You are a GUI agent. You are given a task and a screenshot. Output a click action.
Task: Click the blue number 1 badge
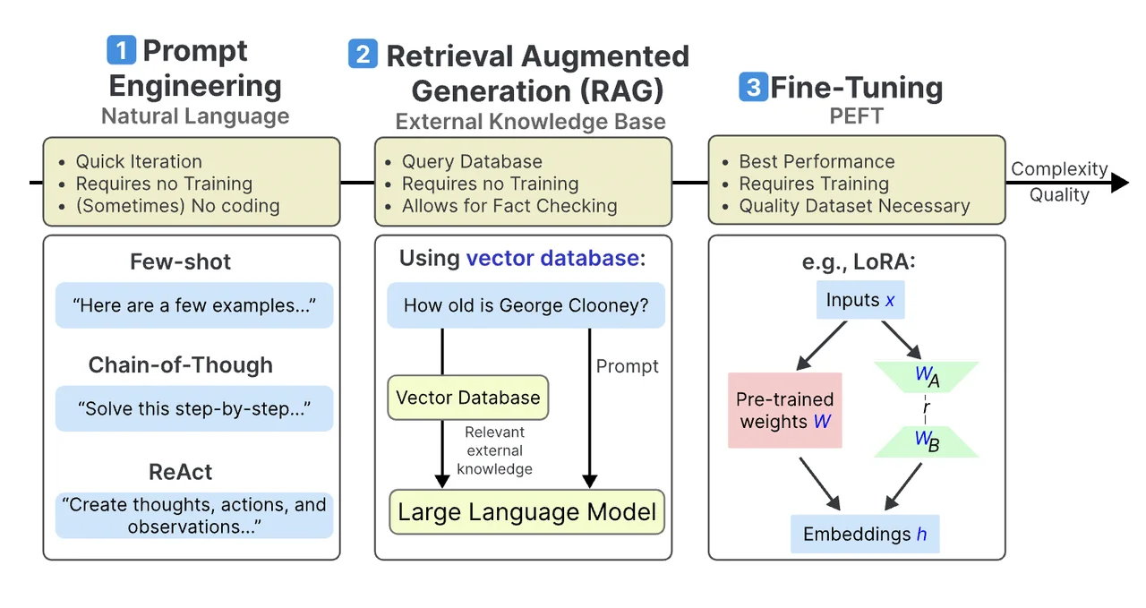point(121,50)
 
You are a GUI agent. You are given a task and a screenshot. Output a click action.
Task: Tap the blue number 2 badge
point(363,54)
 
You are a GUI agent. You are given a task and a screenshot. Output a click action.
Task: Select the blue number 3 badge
point(753,87)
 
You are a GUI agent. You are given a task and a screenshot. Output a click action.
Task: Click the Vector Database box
point(467,398)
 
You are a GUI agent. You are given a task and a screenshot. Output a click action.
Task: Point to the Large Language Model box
point(526,512)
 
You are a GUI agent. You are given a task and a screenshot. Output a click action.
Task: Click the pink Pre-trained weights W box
point(784,410)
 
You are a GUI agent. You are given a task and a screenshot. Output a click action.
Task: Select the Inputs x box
point(859,300)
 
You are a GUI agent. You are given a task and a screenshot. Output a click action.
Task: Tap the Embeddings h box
point(865,534)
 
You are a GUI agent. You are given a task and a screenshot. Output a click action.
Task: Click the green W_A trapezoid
point(927,377)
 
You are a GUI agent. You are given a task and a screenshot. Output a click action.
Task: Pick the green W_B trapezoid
point(927,441)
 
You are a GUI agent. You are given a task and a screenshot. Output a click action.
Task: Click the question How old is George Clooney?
point(526,305)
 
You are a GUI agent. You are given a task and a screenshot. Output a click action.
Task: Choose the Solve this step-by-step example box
point(194,408)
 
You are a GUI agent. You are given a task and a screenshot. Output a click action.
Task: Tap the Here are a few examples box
point(194,305)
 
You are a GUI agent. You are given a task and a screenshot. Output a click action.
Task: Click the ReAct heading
point(180,472)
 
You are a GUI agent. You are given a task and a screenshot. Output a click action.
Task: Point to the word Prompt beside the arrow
point(628,366)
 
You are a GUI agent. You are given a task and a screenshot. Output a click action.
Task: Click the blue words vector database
point(552,259)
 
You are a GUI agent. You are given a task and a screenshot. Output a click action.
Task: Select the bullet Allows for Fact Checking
point(509,206)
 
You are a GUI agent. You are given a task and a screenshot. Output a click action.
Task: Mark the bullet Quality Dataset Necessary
point(854,206)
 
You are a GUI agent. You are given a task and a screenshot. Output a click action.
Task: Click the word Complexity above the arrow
point(1059,169)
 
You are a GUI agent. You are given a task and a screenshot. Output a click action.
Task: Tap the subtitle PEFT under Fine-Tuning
point(856,116)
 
